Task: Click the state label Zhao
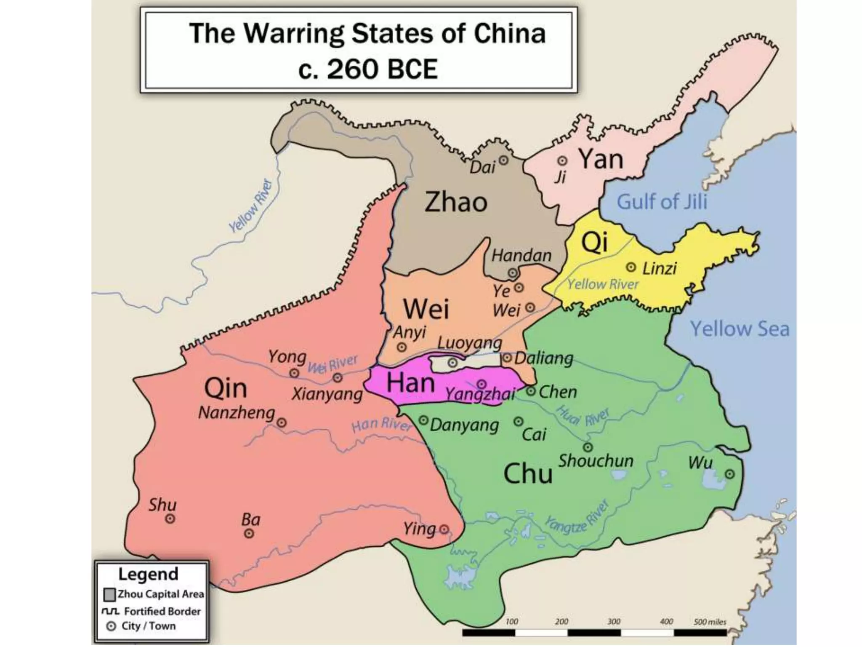tap(456, 202)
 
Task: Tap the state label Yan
tap(601, 159)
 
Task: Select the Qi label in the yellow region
tap(594, 242)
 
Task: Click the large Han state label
tap(410, 383)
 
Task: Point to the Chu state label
tap(528, 473)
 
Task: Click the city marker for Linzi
tap(631, 267)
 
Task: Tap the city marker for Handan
tap(512, 273)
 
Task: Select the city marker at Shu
tap(170, 519)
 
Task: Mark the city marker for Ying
tap(444, 529)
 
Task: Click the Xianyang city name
tap(327, 395)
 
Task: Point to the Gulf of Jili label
tap(662, 202)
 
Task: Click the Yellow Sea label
tap(740, 329)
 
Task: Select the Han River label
tap(381, 425)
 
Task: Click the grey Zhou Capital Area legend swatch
tap(109, 594)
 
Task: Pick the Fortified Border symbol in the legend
tap(110, 611)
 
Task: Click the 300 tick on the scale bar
tap(614, 622)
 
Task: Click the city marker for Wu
tap(729, 474)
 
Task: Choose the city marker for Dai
tap(503, 160)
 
